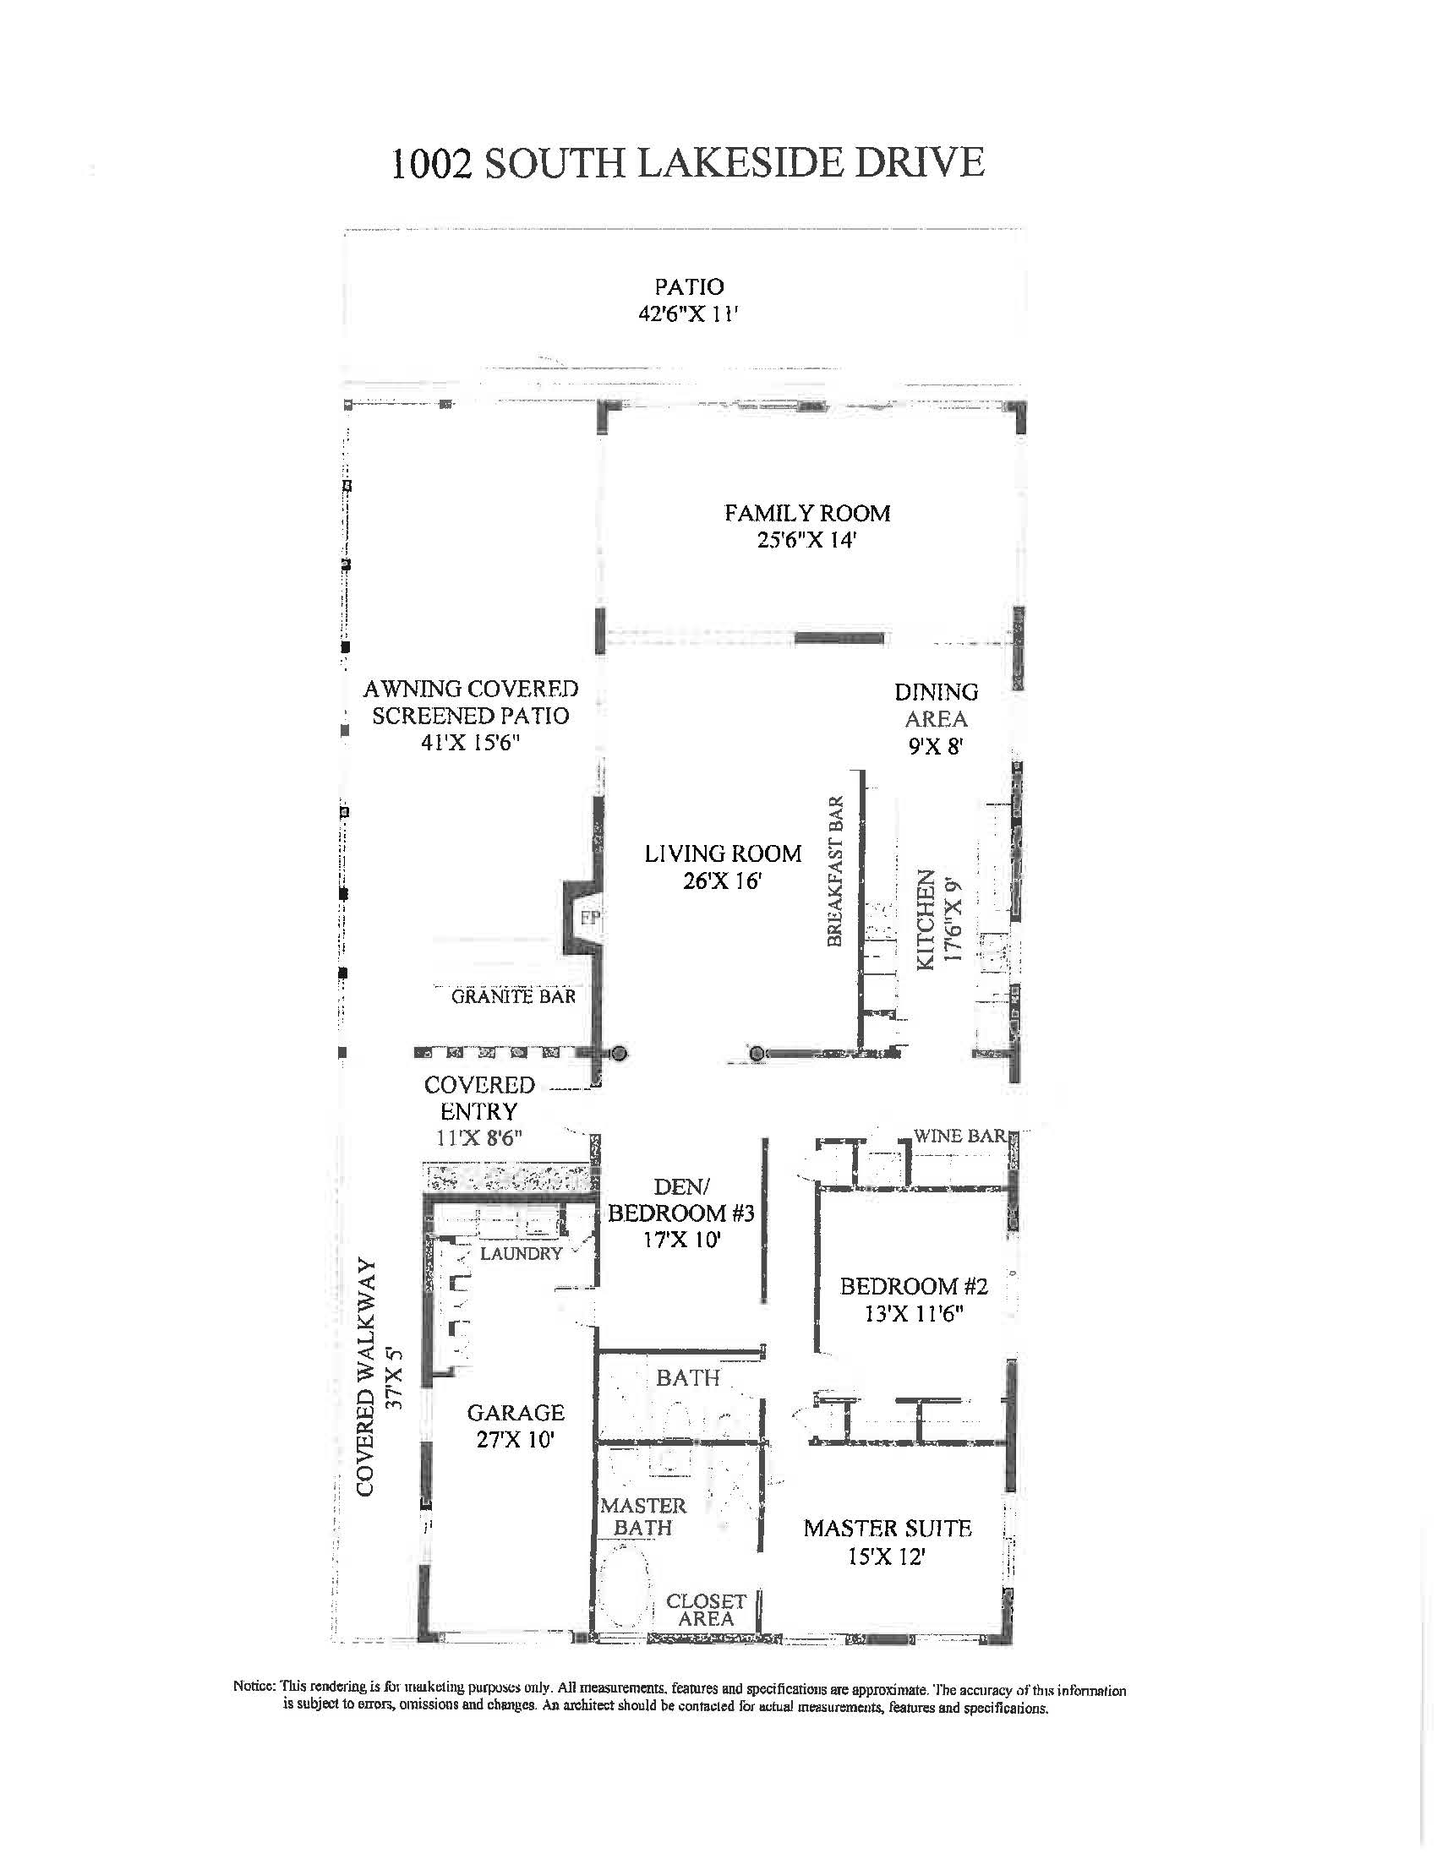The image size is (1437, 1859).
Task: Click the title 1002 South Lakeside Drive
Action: [x=687, y=162]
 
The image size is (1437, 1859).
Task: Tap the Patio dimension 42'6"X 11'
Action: [x=688, y=314]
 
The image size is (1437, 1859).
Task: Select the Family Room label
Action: [x=807, y=513]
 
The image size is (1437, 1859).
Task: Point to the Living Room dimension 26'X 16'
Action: [x=721, y=881]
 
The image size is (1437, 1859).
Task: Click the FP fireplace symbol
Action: [x=590, y=918]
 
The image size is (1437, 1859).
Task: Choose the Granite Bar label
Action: [x=513, y=996]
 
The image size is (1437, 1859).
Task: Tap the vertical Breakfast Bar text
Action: [x=835, y=870]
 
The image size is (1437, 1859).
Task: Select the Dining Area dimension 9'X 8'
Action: [x=935, y=746]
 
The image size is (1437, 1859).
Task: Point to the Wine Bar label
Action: [x=959, y=1136]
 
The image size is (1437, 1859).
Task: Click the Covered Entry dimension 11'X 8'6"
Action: [x=478, y=1138]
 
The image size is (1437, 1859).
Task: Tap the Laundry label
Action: [x=521, y=1253]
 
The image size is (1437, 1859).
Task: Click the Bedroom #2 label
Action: [x=914, y=1286]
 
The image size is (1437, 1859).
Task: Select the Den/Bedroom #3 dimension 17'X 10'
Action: [x=682, y=1240]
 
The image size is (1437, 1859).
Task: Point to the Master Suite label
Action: [x=887, y=1528]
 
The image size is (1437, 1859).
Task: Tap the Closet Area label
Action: [x=706, y=1610]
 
